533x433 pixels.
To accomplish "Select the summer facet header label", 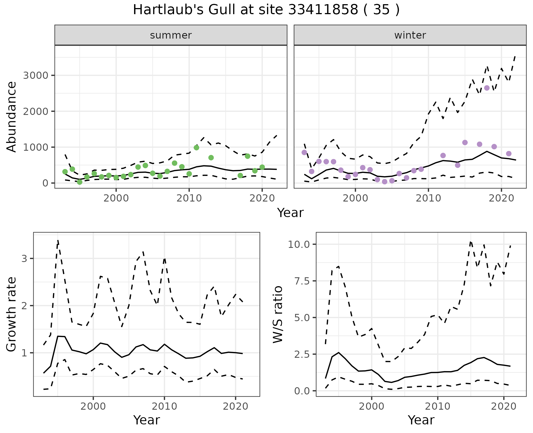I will click(x=171, y=35).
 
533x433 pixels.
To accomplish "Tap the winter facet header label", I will click(x=410, y=35).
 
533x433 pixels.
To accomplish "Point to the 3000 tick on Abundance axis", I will click(x=36, y=75).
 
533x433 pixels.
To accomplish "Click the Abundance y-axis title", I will click(x=12, y=117).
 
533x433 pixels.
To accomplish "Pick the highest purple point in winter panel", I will click(x=487, y=88).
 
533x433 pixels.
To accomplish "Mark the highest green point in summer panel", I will click(x=196, y=148).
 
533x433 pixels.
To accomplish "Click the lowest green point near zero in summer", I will click(x=80, y=182).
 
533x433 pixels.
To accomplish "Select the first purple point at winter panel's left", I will click(x=304, y=152).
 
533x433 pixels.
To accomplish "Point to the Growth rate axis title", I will click(x=12, y=314).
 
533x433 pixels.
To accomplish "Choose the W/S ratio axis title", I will click(x=278, y=314).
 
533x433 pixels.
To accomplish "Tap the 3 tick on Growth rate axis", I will click(x=24, y=259).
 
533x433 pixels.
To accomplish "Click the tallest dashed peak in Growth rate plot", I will click(x=58, y=240).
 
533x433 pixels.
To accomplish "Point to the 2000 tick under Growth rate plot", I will click(x=93, y=406).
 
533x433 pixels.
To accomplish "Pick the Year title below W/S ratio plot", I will click(x=421, y=420).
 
